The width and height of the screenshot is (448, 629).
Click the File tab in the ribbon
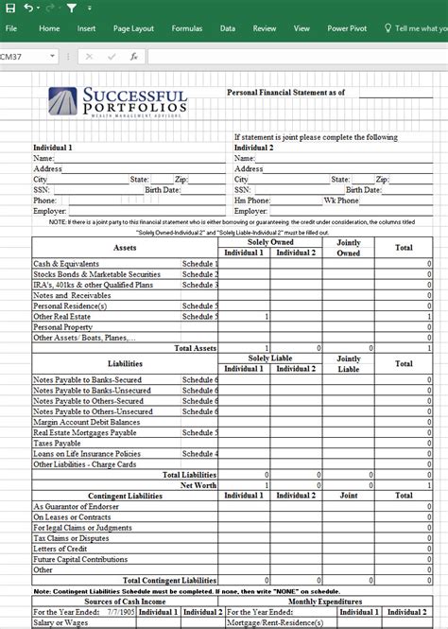(11, 29)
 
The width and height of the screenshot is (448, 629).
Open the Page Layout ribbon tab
(134, 29)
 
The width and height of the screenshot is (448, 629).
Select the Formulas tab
(186, 29)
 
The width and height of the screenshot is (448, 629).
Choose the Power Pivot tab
(348, 29)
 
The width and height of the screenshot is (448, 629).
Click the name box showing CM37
(24, 57)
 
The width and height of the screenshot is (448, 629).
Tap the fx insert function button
(133, 57)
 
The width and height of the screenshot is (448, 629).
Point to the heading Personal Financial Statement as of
(285, 93)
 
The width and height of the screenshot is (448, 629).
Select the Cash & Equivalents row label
(64, 264)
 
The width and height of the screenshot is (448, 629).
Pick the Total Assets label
(196, 348)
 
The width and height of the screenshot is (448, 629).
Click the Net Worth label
(199, 484)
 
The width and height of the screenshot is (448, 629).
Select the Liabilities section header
(125, 363)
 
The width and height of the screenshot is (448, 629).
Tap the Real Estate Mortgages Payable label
(86, 431)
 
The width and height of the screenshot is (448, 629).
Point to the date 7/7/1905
(119, 611)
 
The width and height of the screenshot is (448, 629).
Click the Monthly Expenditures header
(324, 602)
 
